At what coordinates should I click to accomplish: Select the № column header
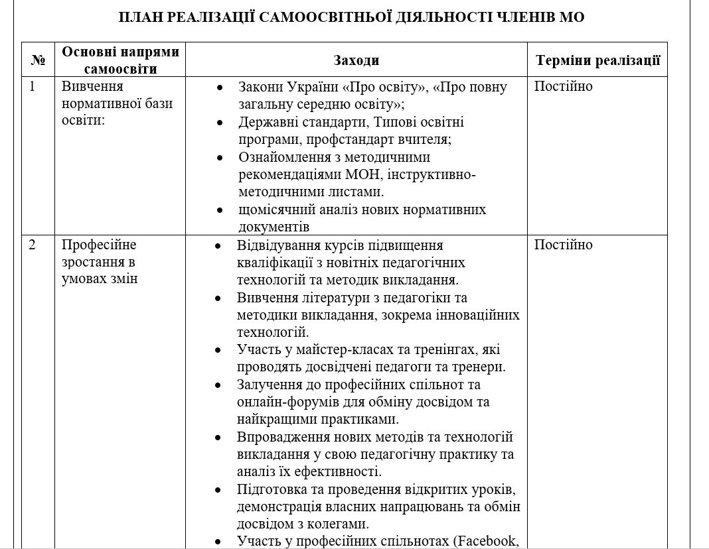(x=37, y=60)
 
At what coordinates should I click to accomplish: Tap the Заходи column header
(x=356, y=60)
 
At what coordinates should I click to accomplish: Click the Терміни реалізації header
(x=597, y=60)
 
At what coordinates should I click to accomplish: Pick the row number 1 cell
(x=33, y=87)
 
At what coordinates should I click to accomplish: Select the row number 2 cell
(x=33, y=245)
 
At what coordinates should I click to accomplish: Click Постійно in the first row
(x=563, y=87)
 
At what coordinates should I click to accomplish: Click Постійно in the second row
(x=563, y=245)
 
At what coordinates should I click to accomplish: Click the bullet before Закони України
(x=220, y=88)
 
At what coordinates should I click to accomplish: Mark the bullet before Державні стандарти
(x=220, y=123)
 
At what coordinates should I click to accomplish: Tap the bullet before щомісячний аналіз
(x=220, y=210)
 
